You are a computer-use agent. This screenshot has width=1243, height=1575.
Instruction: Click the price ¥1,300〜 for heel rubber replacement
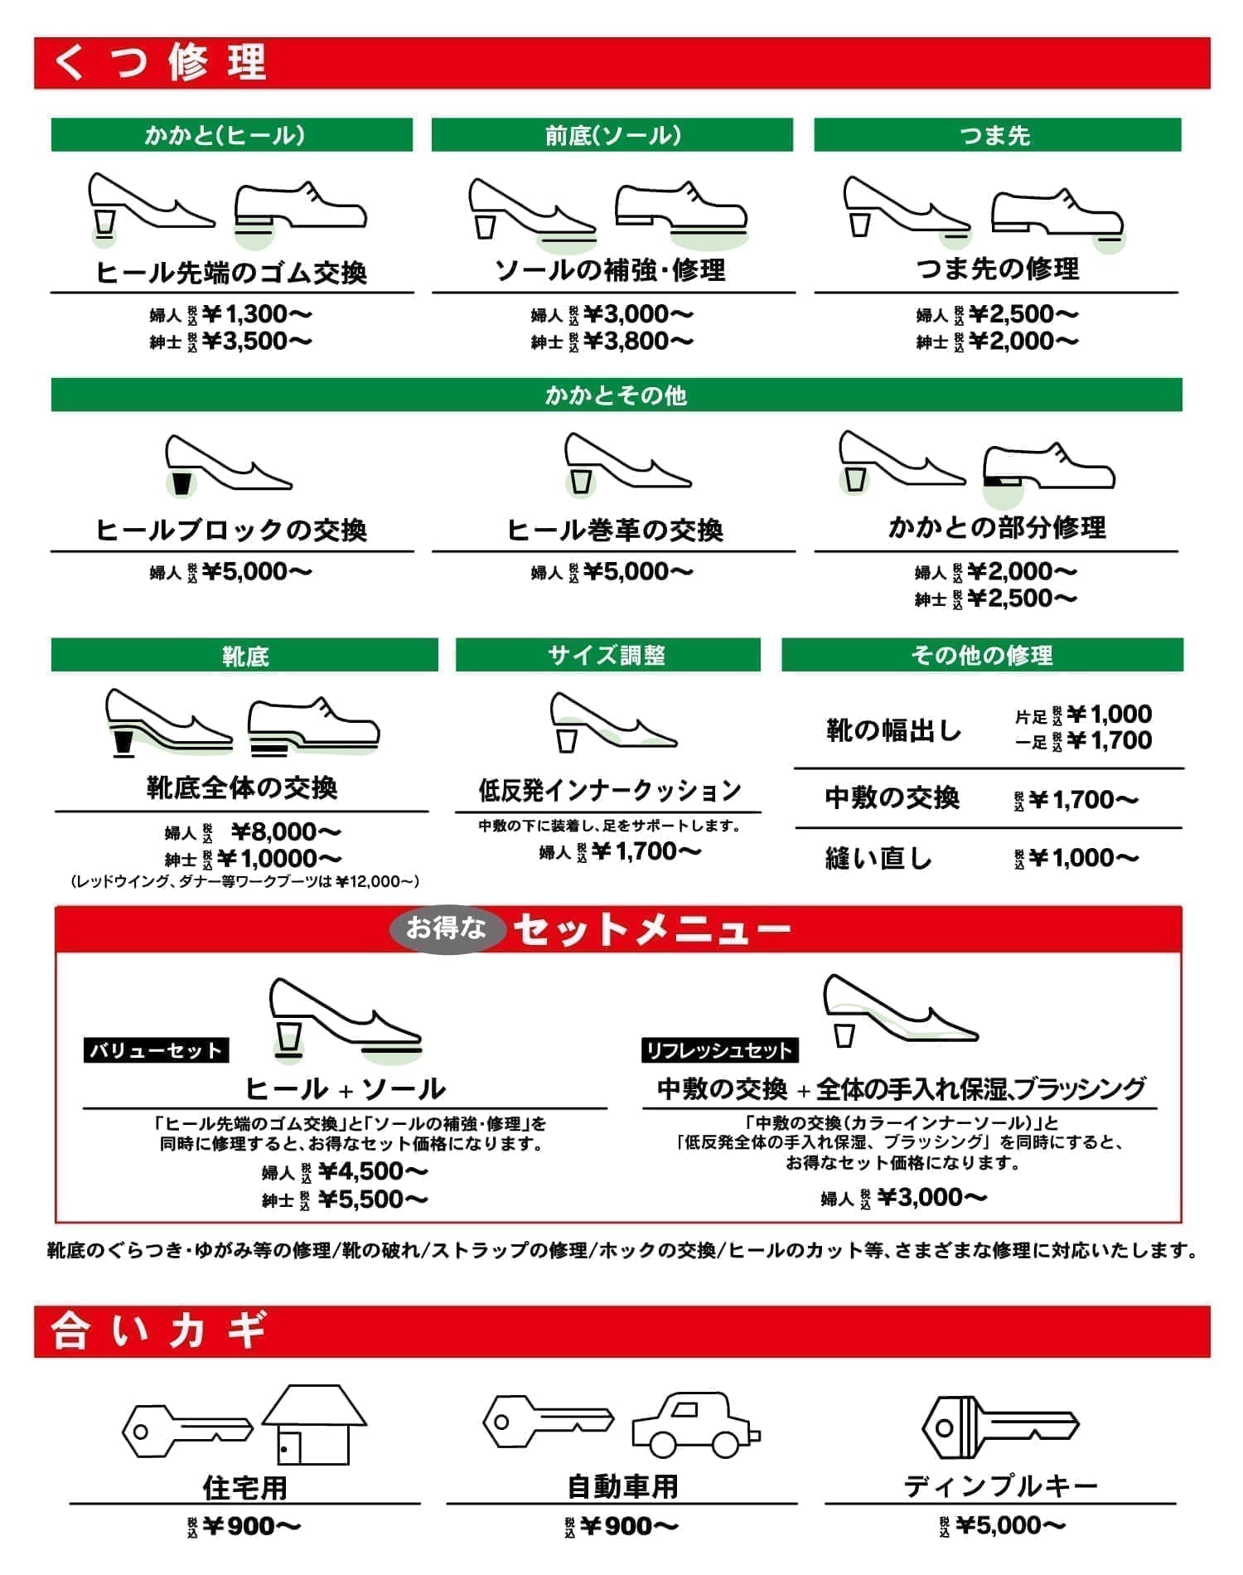point(256,314)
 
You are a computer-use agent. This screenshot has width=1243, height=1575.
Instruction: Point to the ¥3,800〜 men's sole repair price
point(638,341)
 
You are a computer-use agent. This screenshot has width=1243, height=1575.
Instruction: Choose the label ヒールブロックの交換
point(231,530)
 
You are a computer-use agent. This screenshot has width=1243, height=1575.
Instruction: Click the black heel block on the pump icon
point(181,482)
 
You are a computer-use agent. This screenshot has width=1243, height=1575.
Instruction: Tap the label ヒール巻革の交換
point(615,530)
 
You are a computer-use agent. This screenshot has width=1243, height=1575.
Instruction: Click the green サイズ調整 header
point(607,655)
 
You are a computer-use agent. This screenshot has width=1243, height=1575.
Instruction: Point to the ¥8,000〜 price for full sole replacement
point(285,831)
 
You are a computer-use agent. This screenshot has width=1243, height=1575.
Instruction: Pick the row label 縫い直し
point(878,858)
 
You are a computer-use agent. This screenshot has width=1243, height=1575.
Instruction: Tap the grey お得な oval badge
point(446,928)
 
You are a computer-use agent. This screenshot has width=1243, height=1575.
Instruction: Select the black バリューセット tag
point(156,1050)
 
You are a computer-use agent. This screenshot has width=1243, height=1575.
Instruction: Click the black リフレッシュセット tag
point(719,1050)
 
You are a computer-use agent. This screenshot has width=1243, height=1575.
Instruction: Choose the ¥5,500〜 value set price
point(373,1199)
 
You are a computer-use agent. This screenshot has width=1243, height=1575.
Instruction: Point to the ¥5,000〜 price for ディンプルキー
point(1010,1525)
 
